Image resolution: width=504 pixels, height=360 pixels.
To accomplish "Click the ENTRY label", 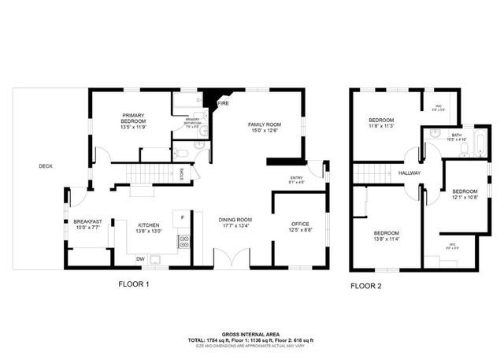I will [296, 178].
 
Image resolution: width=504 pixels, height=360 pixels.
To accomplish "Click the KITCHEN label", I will [149, 224].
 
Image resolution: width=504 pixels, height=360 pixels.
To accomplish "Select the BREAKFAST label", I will [88, 223].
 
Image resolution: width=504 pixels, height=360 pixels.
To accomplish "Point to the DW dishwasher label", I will [140, 258].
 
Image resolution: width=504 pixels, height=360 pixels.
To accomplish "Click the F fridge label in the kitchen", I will [182, 217].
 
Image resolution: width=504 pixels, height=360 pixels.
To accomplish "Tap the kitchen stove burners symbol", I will [183, 240].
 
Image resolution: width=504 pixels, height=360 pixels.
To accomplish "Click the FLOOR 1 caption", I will [134, 284].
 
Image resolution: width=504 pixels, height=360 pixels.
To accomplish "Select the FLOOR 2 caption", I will [366, 285].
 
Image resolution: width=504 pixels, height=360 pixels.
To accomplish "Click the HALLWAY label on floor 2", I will [409, 173].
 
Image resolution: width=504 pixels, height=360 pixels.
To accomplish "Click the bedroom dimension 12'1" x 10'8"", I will [465, 197].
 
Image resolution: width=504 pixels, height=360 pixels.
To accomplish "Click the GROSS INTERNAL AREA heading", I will [252, 334].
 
